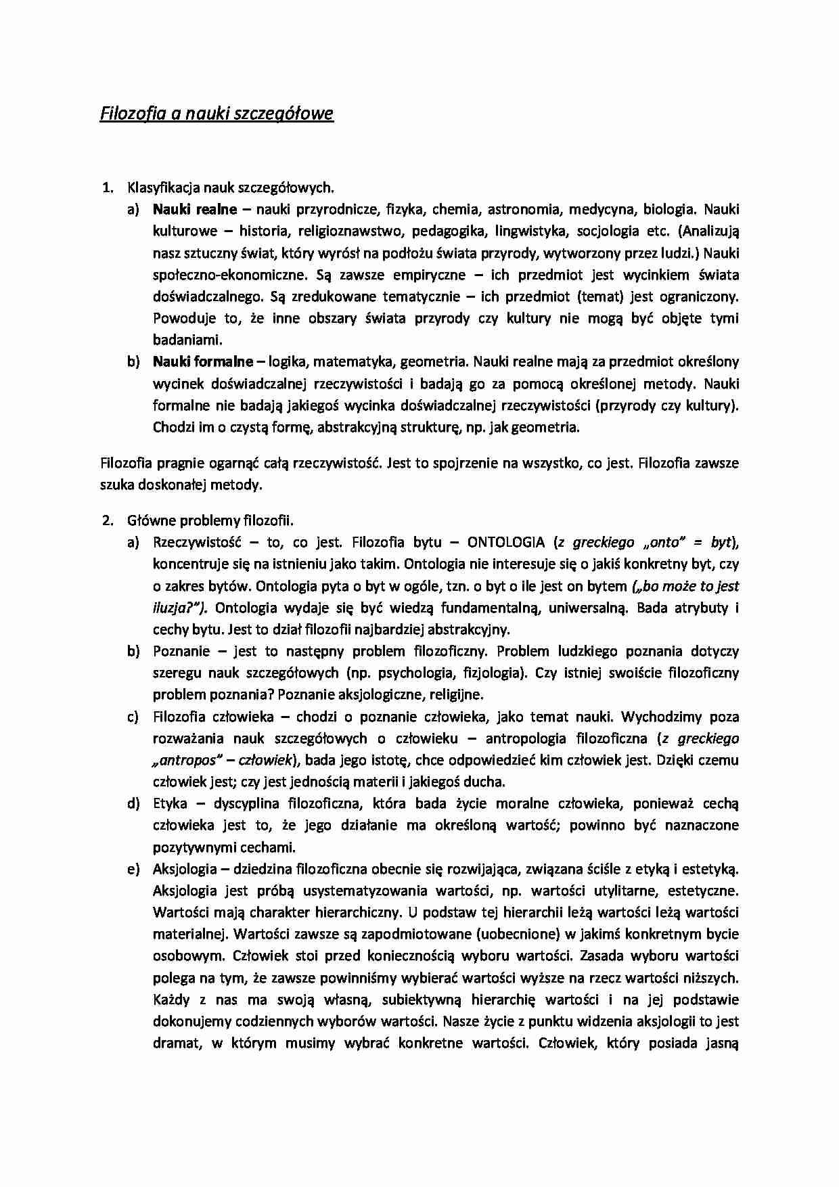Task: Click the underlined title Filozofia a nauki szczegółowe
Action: coord(217,113)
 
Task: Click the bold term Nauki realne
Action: coord(195,209)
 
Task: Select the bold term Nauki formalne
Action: coord(203,361)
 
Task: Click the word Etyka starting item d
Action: coord(170,803)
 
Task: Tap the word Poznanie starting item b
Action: coord(181,651)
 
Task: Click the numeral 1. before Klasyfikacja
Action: coord(106,187)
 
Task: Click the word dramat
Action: coord(178,1043)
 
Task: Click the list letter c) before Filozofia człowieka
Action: coord(133,717)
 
